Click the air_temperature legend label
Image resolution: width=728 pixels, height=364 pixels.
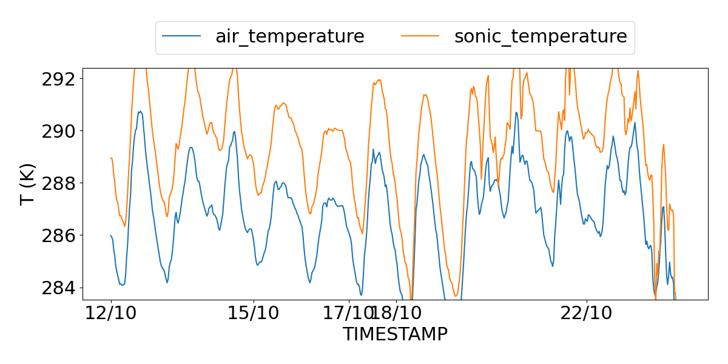289,36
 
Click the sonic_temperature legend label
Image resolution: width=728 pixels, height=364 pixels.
540,36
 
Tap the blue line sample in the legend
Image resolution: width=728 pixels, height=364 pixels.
181,36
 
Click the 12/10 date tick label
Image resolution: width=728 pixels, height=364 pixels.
111,314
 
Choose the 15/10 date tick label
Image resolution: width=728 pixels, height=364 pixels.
254,314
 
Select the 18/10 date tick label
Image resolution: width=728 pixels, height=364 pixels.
397,314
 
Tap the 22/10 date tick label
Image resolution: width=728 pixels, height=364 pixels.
587,314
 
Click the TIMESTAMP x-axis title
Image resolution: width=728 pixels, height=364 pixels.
395,334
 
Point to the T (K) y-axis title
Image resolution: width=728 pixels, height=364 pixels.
28,184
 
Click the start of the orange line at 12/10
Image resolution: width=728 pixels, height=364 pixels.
111,158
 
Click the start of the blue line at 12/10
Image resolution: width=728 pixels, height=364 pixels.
111,235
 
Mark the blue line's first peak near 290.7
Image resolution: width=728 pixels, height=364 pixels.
140,112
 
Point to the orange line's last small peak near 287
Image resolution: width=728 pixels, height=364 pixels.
670,204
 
